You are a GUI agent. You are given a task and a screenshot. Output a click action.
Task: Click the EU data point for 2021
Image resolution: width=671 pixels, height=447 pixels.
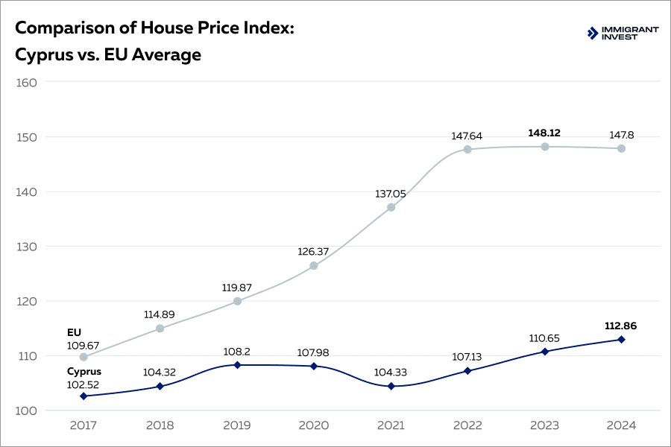coord(391,207)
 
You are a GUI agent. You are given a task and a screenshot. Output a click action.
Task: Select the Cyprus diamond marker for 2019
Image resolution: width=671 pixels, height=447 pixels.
coord(237,365)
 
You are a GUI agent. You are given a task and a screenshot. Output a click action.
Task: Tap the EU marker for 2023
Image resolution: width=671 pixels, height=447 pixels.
coord(544,147)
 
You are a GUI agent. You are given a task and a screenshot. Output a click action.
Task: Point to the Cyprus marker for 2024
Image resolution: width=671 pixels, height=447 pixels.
coord(621,340)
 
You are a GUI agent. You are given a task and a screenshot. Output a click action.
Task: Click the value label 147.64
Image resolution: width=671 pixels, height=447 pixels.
coord(467,136)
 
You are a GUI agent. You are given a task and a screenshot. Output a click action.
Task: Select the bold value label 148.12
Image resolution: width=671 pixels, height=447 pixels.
coord(544,133)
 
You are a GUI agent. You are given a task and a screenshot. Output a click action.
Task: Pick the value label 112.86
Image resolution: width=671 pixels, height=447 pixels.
coord(621,326)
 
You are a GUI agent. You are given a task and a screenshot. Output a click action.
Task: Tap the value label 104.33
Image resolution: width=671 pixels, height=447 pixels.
coord(391,372)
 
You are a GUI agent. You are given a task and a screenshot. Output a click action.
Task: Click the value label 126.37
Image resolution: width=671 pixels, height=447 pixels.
coord(314,252)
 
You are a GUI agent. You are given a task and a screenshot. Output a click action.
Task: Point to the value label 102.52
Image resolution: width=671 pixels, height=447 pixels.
coord(84,384)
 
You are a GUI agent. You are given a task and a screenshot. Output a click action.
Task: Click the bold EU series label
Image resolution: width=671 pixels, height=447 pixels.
coord(74,332)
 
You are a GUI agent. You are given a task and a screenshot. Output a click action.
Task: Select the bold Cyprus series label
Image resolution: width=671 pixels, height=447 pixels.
coord(84,371)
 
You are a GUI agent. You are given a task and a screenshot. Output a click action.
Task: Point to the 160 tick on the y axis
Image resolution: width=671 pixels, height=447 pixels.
coord(26,82)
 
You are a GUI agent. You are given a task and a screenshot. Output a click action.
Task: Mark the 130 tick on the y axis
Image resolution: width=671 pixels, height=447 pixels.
coord(26,247)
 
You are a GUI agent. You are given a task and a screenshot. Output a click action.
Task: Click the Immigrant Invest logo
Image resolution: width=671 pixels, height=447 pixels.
coord(623,33)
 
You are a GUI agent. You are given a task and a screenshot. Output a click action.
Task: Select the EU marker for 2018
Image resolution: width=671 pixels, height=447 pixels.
coord(160,329)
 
